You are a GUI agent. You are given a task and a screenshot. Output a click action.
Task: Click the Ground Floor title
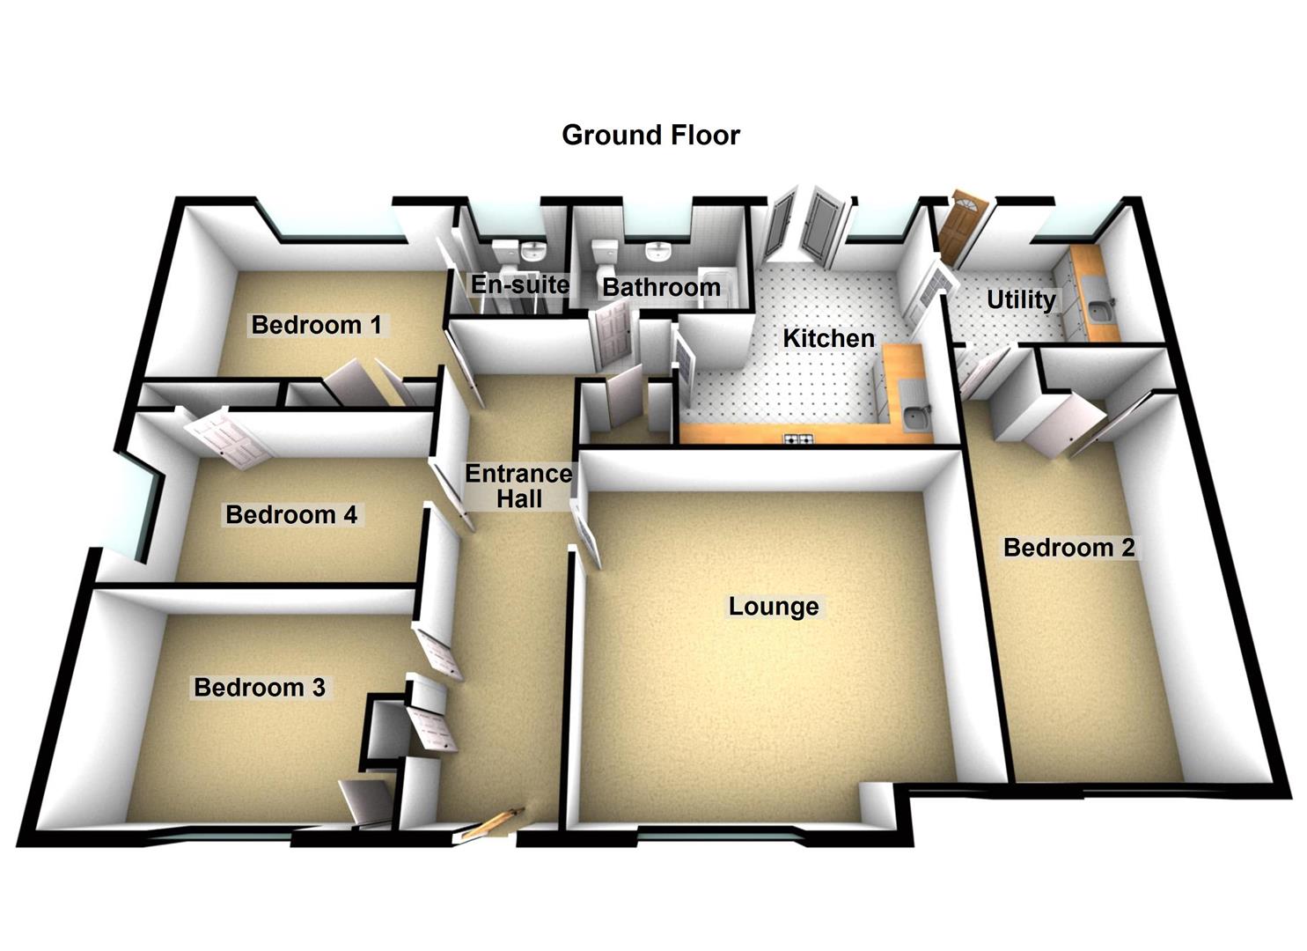click(650, 135)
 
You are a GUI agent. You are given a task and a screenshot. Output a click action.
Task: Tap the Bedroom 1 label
click(316, 325)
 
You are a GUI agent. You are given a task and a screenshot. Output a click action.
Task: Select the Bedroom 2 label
click(1068, 548)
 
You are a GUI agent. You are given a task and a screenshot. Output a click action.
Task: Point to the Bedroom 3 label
click(260, 687)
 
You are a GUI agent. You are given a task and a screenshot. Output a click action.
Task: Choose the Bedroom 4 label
click(291, 514)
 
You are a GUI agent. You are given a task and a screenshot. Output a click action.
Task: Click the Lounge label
click(774, 606)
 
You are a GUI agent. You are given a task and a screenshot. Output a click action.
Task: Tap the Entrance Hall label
click(518, 486)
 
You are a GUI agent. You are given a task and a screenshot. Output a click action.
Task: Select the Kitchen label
click(828, 338)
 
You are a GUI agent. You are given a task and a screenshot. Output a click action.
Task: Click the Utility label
click(1021, 299)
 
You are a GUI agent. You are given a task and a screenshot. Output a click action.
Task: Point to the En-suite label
click(519, 284)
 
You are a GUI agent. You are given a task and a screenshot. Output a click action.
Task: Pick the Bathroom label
click(661, 287)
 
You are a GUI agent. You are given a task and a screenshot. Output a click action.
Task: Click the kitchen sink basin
click(915, 418)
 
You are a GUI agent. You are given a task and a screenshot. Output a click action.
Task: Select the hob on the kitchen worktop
click(798, 439)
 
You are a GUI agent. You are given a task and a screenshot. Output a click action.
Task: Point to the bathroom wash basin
click(657, 252)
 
